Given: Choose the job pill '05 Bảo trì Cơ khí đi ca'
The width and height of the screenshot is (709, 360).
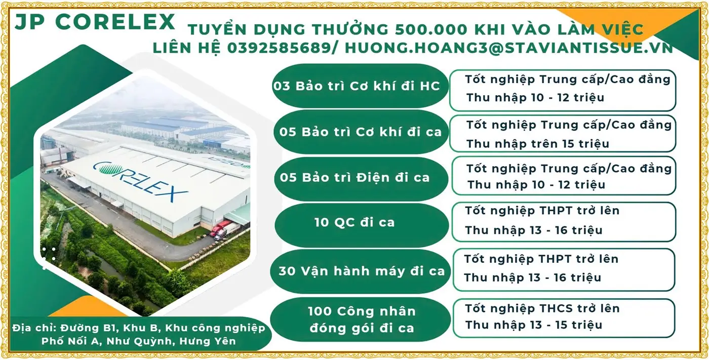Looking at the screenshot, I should tap(361, 132).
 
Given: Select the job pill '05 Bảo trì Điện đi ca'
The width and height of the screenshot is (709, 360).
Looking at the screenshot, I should tap(354, 178).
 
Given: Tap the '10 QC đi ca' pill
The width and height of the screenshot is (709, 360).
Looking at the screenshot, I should tap(354, 222).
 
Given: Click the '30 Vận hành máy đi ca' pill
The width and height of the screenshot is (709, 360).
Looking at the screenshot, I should tap(361, 271).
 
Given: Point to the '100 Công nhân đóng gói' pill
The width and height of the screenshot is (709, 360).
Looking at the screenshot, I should tap(361, 319).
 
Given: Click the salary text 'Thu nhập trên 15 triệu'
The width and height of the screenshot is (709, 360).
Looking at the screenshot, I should tap(538, 144).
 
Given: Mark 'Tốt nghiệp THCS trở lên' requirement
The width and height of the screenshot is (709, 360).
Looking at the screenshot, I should tap(542, 308).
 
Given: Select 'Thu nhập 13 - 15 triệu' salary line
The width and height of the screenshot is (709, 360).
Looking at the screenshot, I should tap(534, 325).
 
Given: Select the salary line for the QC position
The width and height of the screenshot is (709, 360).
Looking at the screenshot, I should tap(534, 230).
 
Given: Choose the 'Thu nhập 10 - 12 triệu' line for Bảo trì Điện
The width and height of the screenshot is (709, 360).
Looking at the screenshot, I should tap(536, 185).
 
